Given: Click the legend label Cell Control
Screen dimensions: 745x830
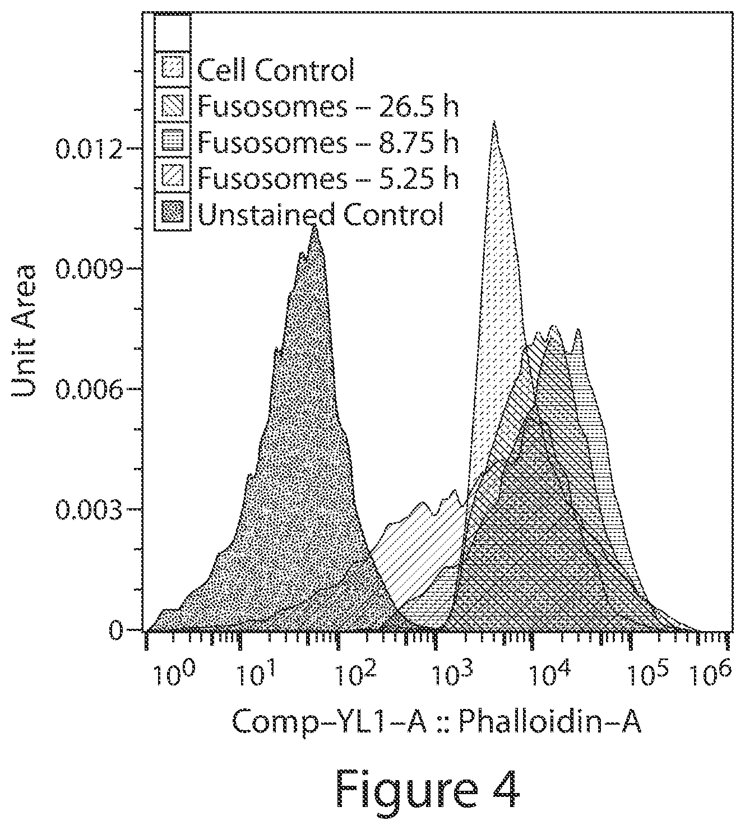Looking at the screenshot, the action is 275,69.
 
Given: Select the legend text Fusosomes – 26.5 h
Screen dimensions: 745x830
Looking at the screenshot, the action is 328,106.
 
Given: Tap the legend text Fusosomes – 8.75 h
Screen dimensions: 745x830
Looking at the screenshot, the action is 328,142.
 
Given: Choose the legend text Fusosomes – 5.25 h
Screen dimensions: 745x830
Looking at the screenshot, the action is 328,178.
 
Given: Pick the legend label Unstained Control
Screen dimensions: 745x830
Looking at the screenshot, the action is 321,214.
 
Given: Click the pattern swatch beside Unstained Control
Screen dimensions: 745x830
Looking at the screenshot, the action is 172,213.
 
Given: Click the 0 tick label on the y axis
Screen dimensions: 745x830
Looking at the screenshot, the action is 116,630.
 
